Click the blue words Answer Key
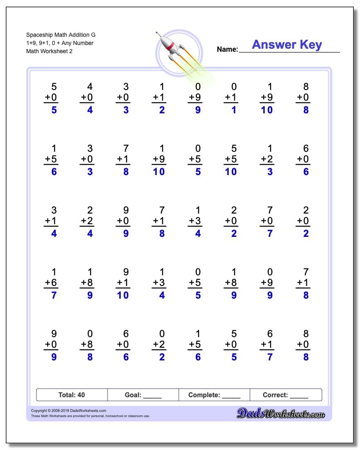(287, 45)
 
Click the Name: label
(227, 49)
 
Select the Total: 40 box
(72, 395)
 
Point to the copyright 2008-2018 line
(68, 410)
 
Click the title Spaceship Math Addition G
(61, 35)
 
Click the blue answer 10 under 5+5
(231, 172)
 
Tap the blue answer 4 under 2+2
(90, 234)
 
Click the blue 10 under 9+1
(123, 295)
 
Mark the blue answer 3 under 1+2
(270, 172)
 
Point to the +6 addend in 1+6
(51, 283)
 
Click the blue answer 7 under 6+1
(270, 357)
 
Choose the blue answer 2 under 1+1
(162, 110)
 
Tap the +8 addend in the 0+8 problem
(87, 344)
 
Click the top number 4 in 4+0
(90, 87)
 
